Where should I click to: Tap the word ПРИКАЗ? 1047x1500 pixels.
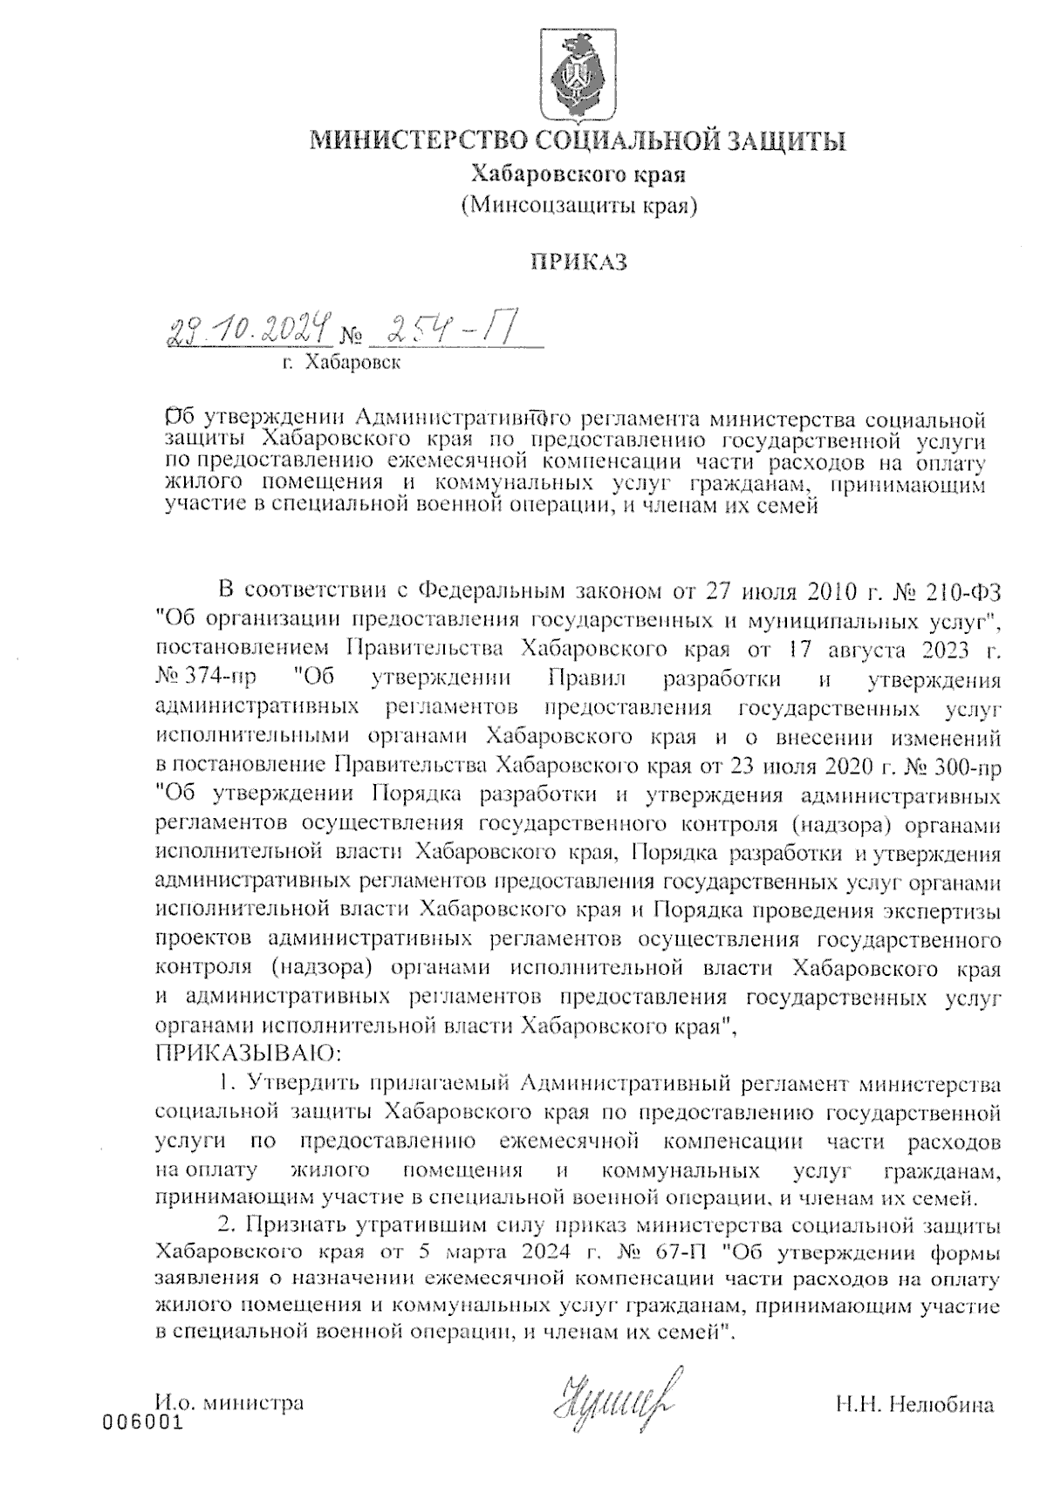[579, 262]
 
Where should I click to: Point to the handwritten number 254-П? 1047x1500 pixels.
[452, 331]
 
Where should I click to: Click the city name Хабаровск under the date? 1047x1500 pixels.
[352, 362]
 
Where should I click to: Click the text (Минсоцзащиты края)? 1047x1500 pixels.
[578, 206]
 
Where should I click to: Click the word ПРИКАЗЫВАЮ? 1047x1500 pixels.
[250, 1054]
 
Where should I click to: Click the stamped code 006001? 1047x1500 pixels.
[143, 1422]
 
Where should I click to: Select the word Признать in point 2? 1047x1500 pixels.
[297, 1224]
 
